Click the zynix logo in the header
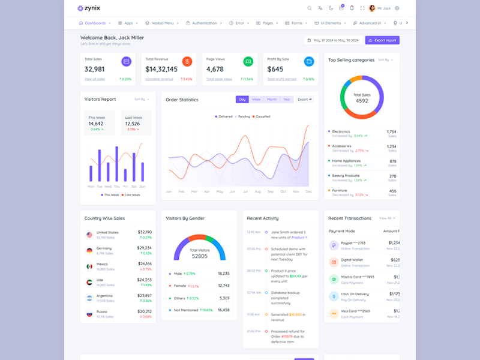coord(89,8)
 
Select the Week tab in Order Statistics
coord(256,100)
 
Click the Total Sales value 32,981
coord(95,69)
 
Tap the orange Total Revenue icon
coord(187,61)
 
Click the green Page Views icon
coord(248,61)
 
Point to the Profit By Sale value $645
coord(275,69)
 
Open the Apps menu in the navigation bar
coord(126,23)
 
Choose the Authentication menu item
coord(202,23)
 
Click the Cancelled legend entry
coord(262,116)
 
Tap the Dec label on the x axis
coord(308,191)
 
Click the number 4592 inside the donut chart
coord(362,101)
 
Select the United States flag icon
coord(89,234)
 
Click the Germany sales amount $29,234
coord(144,247)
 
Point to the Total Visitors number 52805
coord(200,256)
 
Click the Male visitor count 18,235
coord(223,273)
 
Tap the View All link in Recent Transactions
coord(386,218)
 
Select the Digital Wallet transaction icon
coord(334,262)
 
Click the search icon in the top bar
coord(310,8)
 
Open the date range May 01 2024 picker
coord(333,40)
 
